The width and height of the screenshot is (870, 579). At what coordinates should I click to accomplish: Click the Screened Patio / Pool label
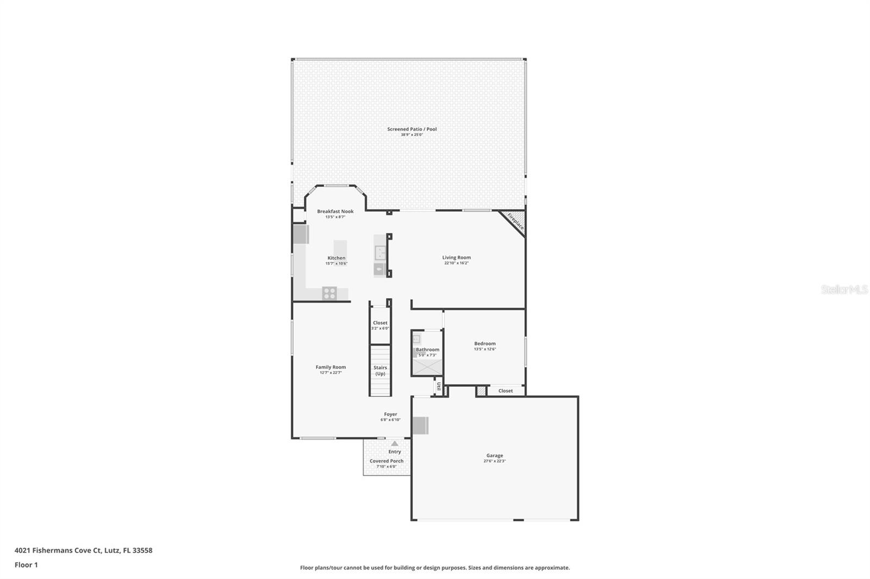click(412, 129)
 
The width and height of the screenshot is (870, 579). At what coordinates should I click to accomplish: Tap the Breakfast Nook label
click(335, 211)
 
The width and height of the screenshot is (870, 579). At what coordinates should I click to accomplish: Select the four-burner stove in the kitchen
click(330, 293)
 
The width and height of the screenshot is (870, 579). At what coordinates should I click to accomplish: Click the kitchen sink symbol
click(380, 253)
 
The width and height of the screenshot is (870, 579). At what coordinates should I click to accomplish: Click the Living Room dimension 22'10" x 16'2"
click(456, 263)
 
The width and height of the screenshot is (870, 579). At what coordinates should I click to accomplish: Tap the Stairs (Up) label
click(380, 370)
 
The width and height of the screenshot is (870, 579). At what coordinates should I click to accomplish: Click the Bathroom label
click(427, 350)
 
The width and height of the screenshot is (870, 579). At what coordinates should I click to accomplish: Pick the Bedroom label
click(484, 343)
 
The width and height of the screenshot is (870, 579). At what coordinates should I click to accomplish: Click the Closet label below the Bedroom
click(505, 391)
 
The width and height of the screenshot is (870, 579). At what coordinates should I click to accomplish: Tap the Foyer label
click(390, 414)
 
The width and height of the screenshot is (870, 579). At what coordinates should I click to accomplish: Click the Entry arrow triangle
click(395, 444)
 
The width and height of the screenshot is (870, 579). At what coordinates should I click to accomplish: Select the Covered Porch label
click(387, 461)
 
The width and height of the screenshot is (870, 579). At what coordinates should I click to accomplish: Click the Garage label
click(494, 456)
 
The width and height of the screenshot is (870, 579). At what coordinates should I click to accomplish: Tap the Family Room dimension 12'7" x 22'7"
click(331, 373)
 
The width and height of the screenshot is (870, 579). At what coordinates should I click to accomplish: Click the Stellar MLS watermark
click(844, 290)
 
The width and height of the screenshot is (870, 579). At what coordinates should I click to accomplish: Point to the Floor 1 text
click(26, 565)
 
